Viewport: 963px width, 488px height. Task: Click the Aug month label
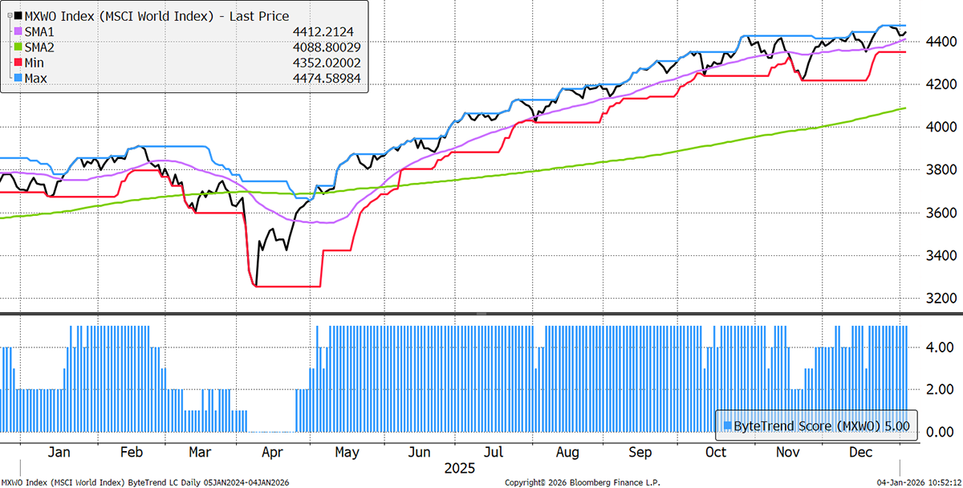[x=567, y=453]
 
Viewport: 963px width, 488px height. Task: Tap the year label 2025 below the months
[x=459, y=468]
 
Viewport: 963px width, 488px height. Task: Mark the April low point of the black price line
[x=254, y=284]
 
